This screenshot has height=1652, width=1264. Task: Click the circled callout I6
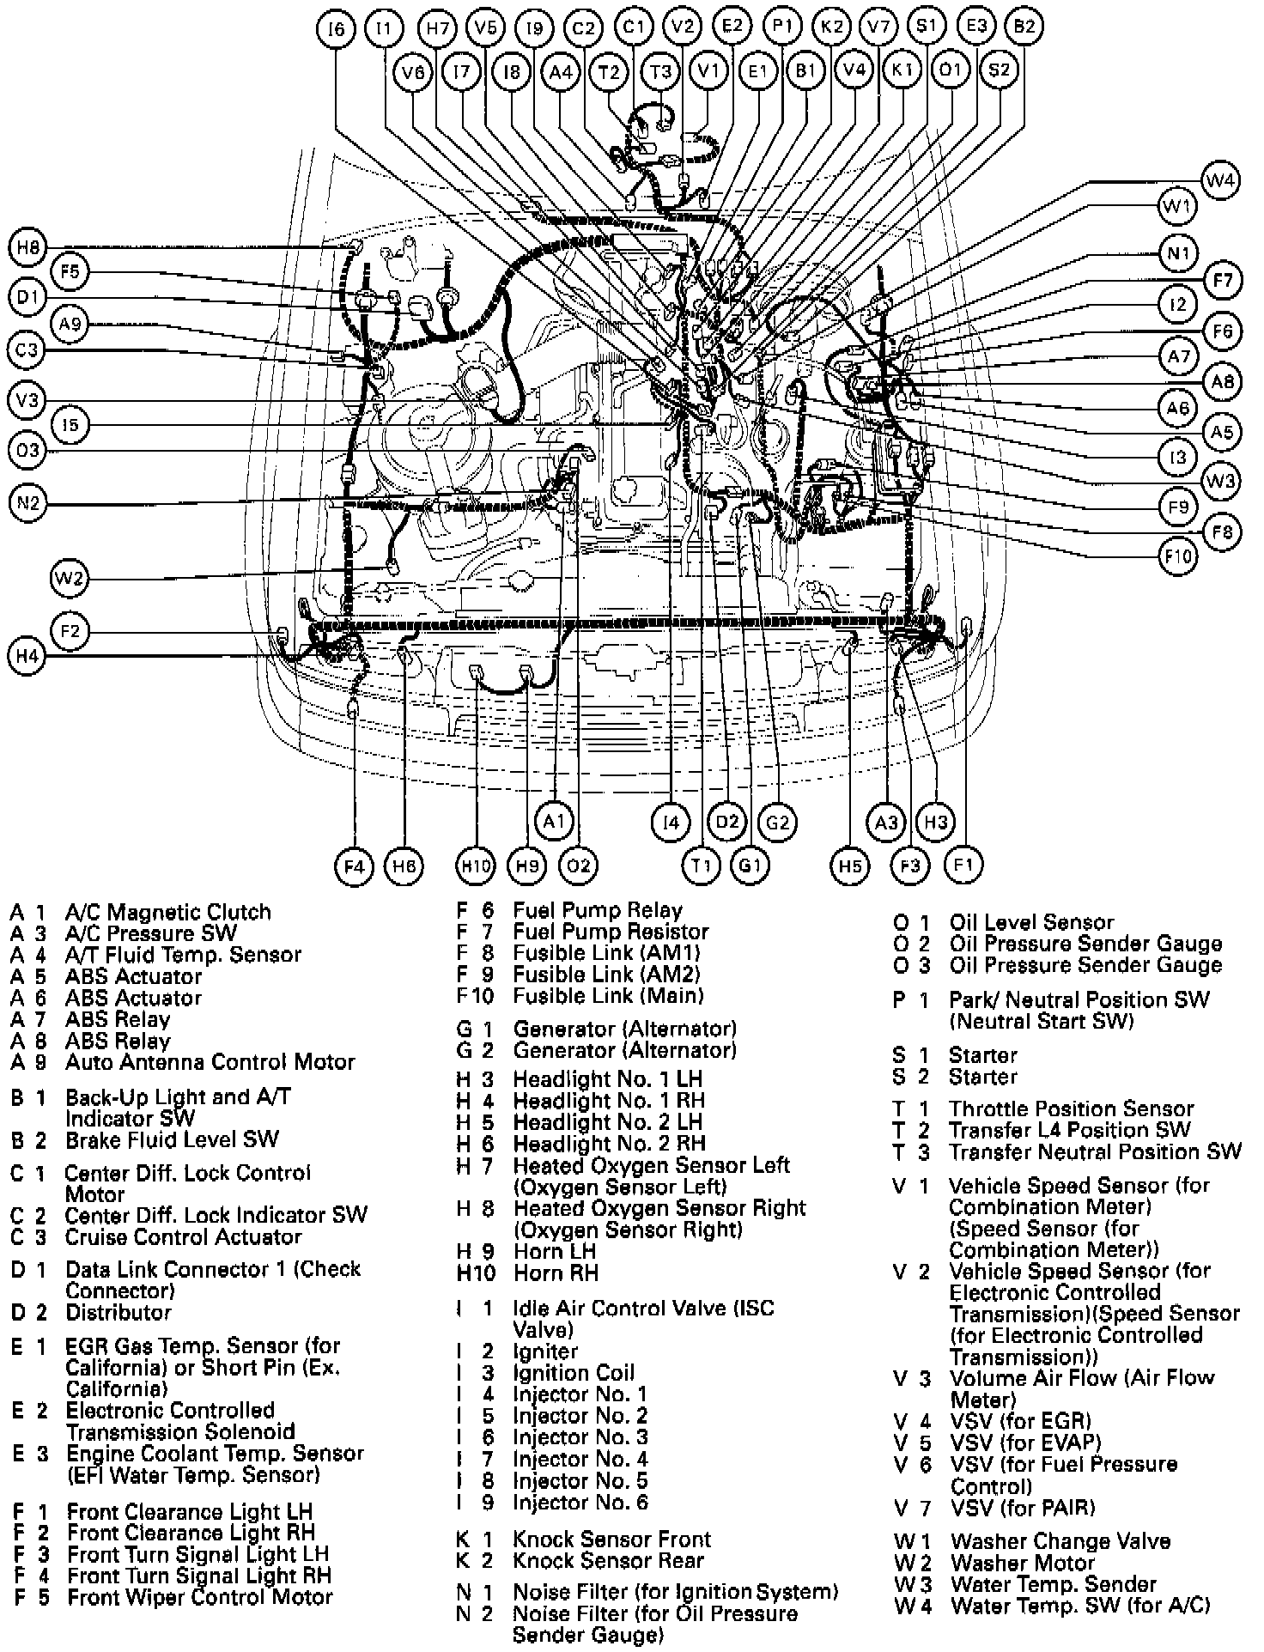tap(335, 28)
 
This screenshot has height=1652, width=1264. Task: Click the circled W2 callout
tap(70, 578)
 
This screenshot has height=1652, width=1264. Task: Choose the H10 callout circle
tap(475, 865)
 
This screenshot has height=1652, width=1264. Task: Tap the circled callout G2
tap(777, 823)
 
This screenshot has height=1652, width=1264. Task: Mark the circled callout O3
tap(28, 451)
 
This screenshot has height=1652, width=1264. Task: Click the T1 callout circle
tap(702, 865)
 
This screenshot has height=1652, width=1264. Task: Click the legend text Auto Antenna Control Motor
tap(210, 1062)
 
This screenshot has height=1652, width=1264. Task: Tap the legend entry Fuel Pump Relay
tap(598, 910)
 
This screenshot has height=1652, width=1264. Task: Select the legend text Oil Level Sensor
tap(1031, 922)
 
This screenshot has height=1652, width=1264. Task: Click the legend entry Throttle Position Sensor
tap(1071, 1108)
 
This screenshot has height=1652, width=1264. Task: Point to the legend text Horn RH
tap(556, 1272)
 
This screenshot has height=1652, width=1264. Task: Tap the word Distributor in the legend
tap(118, 1313)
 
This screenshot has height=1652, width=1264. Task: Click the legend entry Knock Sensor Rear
tap(608, 1561)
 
